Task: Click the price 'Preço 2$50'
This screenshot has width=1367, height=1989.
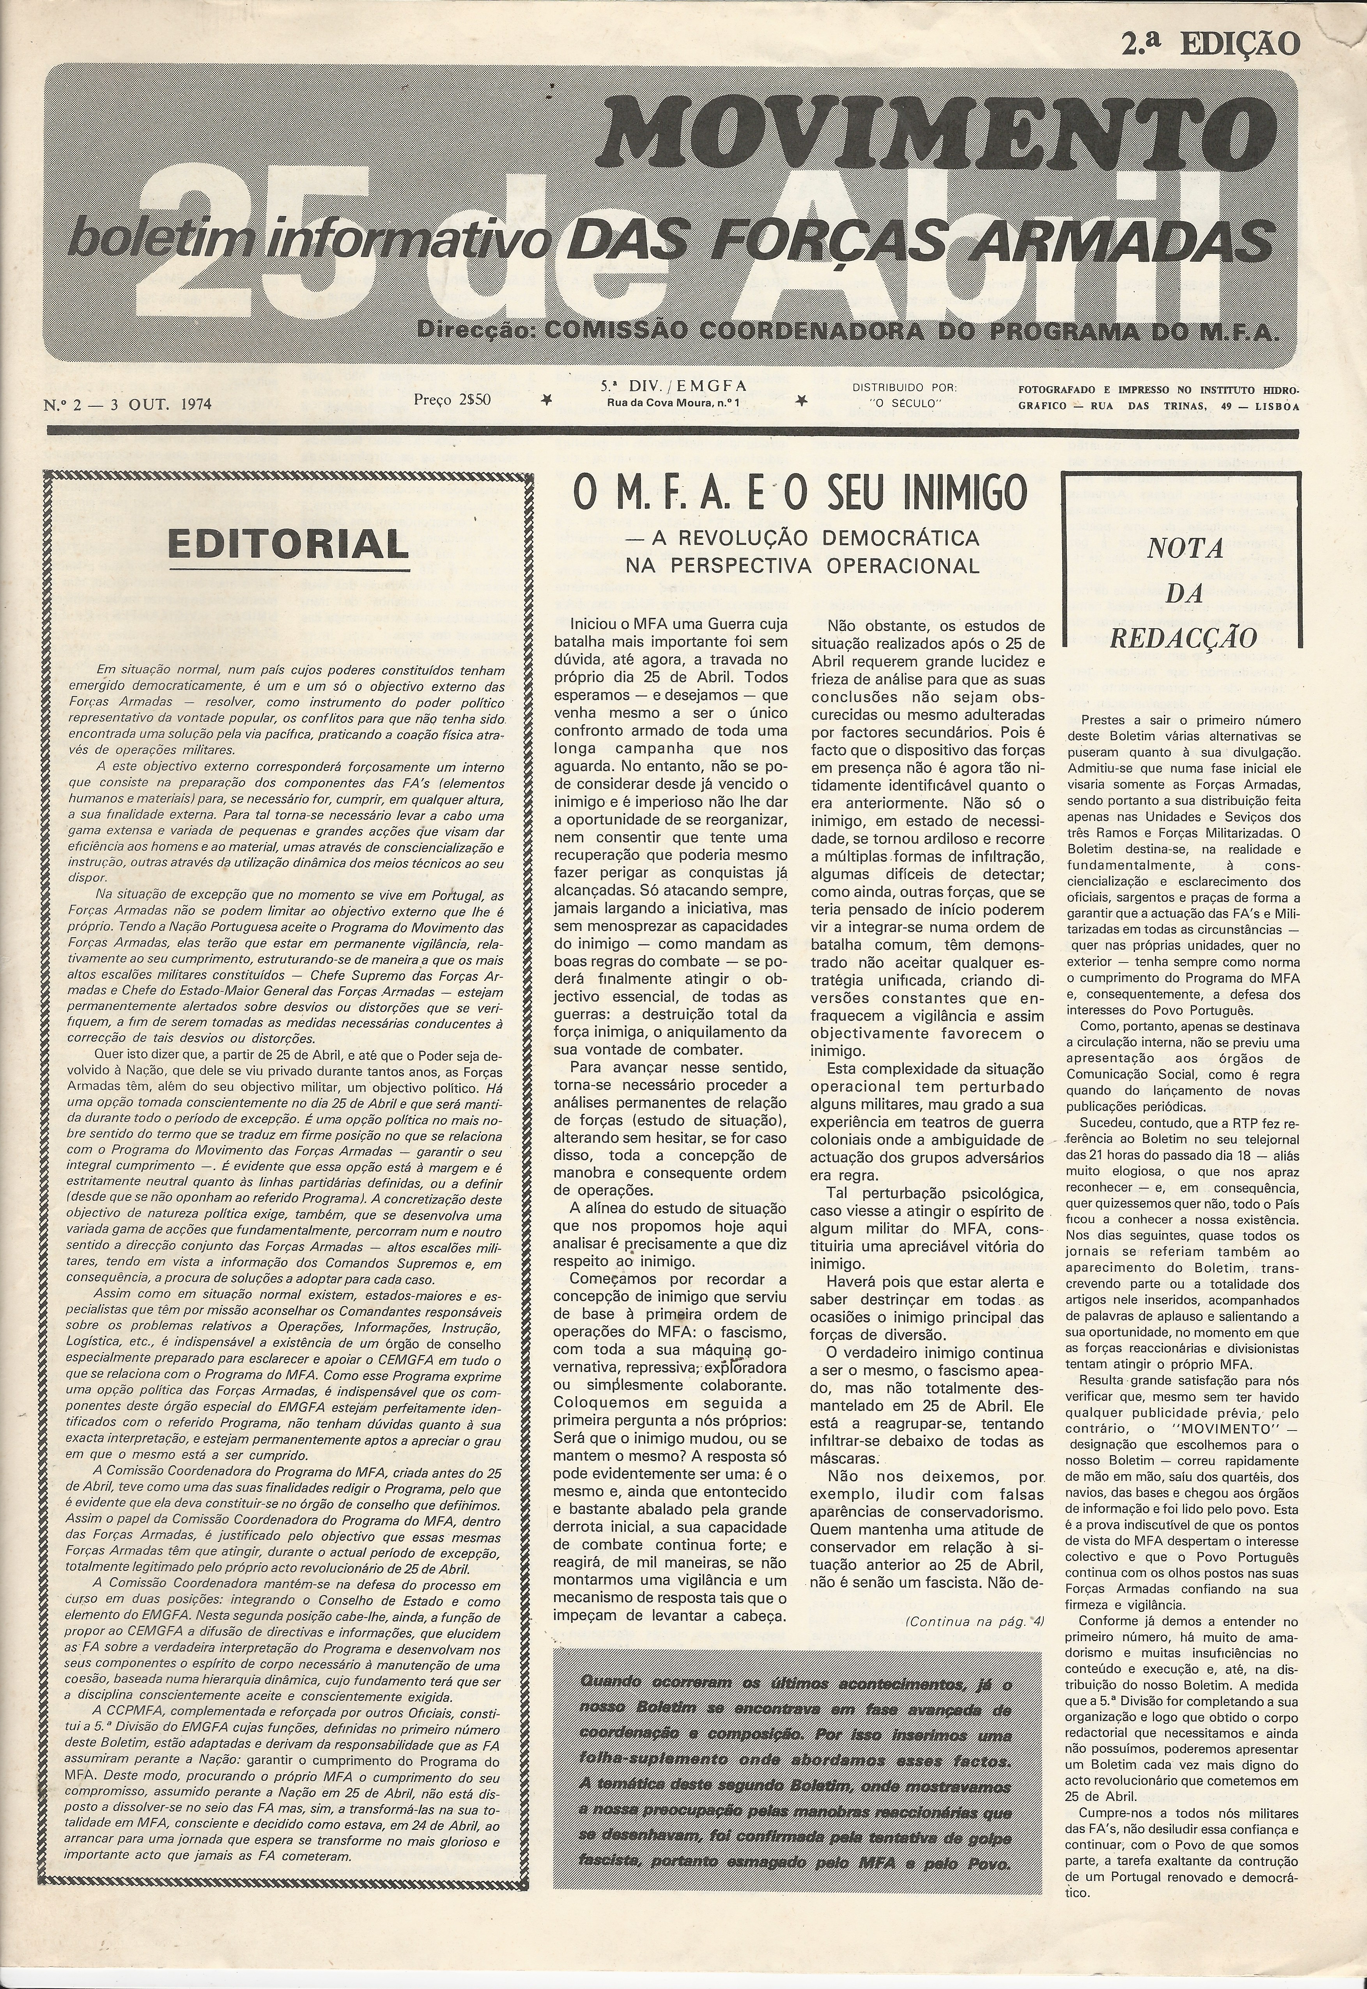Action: click(x=452, y=398)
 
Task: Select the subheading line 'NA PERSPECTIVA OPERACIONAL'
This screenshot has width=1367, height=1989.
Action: click(x=802, y=565)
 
